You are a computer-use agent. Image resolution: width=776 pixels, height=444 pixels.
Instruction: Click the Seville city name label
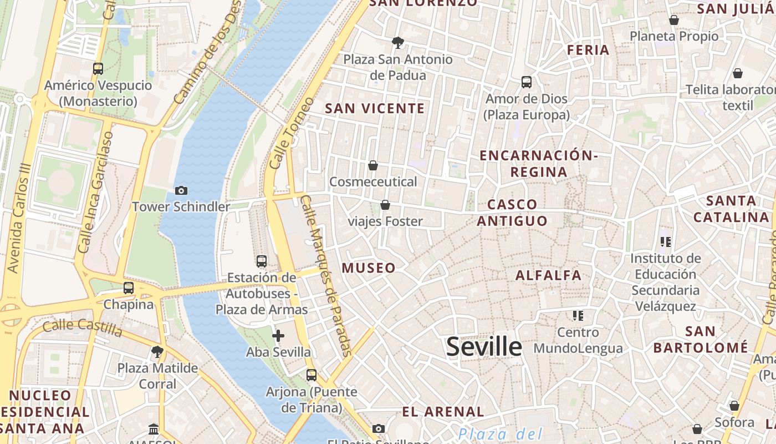pos(484,347)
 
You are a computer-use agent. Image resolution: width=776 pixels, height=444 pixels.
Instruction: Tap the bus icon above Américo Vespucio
pos(98,69)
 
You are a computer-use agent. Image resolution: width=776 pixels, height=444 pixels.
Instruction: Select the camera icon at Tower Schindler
pos(181,190)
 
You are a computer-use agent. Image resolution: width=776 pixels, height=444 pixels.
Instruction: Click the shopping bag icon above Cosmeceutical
pos(373,165)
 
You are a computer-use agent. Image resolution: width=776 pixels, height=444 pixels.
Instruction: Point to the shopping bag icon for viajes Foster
pos(385,205)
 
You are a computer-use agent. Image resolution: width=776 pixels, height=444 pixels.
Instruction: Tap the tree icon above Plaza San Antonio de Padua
pos(397,42)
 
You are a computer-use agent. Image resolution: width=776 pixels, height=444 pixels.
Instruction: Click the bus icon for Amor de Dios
pos(527,82)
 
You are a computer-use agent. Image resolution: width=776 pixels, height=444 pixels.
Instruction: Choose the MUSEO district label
pos(369,268)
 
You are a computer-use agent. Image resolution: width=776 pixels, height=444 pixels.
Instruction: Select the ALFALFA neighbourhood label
pos(549,275)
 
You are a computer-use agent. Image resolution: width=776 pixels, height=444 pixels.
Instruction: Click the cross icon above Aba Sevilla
pos(278,336)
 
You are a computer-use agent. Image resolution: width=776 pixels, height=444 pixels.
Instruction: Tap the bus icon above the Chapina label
pos(129,288)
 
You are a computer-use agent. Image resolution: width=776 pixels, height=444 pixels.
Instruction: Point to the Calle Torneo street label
pos(292,134)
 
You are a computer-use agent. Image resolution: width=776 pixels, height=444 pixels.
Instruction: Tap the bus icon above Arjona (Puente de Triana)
pos(312,375)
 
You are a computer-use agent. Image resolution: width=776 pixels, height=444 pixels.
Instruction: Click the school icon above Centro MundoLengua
pos(578,316)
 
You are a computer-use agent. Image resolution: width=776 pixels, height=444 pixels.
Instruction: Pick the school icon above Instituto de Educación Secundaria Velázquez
pos(666,241)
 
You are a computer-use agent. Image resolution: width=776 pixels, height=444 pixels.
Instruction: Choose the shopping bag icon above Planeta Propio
pos(674,20)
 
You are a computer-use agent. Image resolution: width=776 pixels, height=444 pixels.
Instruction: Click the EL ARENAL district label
pos(443,412)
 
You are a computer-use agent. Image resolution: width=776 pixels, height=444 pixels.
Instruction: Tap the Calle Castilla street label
pos(82,328)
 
